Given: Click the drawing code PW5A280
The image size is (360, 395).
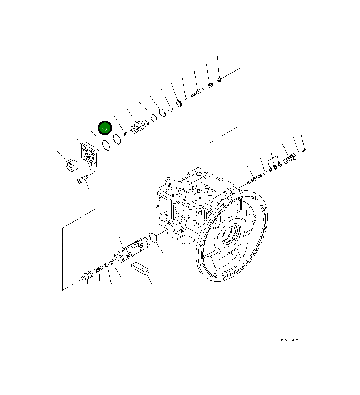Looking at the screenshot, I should coord(293,340).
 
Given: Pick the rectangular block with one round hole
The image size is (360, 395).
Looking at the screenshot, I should coord(140,268).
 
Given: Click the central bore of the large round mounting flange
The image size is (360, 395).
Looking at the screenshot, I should coord(229,236).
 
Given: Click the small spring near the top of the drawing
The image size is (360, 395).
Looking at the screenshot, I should coord(210,86).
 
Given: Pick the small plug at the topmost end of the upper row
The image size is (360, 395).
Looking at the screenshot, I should coord(220,79).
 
